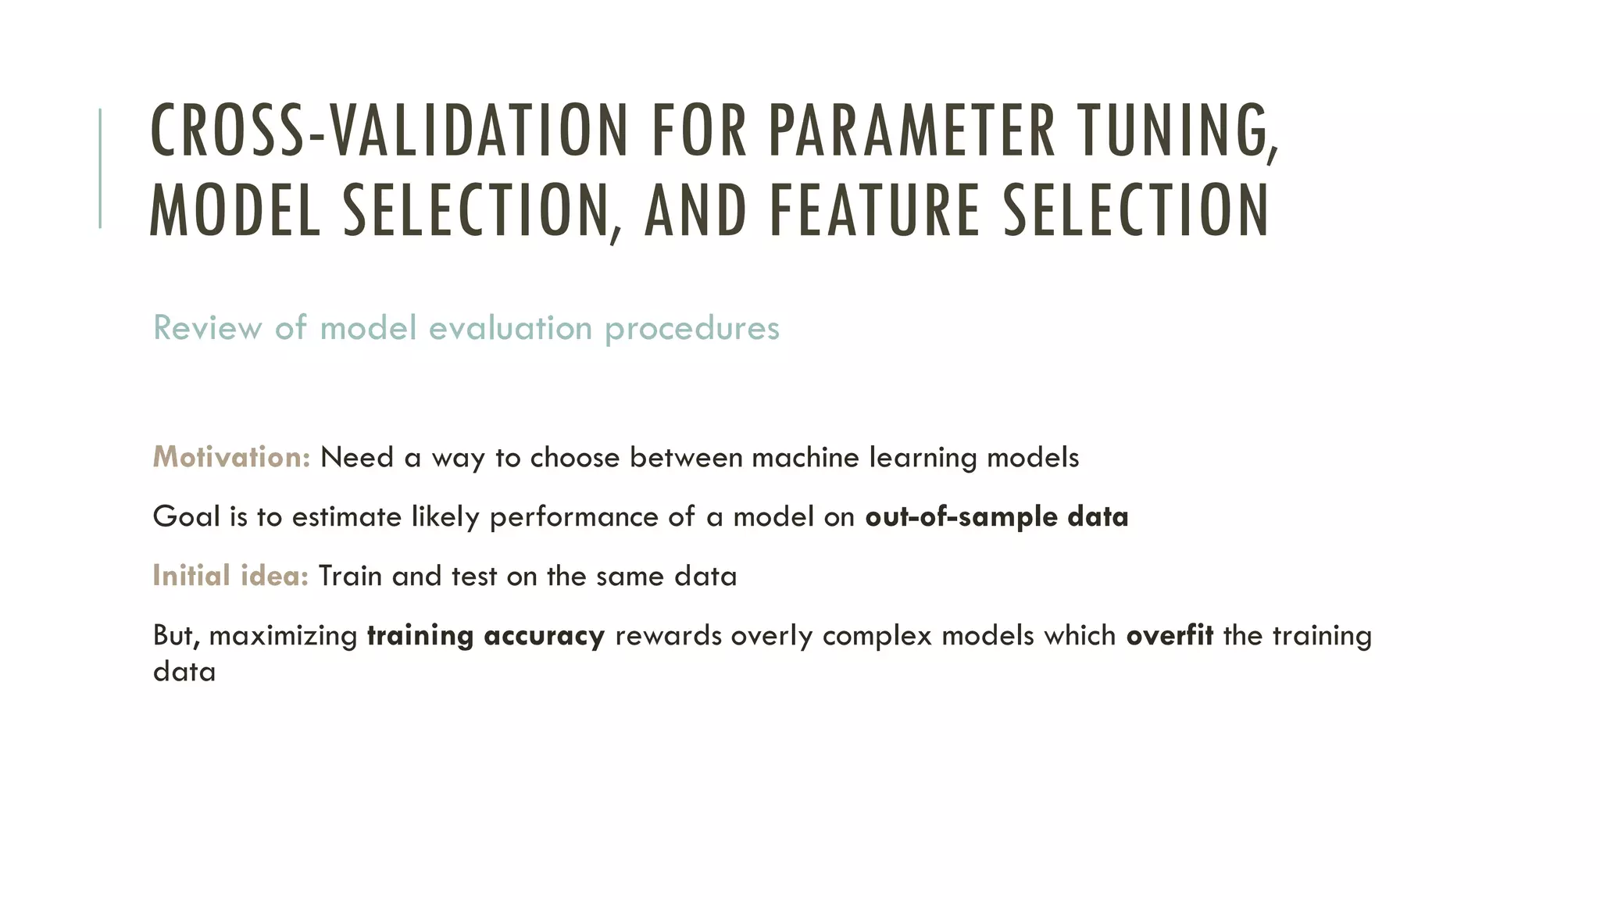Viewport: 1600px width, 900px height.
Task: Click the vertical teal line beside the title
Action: click(100, 168)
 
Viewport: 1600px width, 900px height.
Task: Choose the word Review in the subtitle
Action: click(207, 328)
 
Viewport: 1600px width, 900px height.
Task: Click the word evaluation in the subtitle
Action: click(510, 328)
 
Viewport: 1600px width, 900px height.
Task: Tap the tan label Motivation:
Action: click(231, 457)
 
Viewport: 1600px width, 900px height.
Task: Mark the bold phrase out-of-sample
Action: click(961, 517)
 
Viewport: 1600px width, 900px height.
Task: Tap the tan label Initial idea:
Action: click(230, 576)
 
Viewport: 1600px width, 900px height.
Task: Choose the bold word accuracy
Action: click(544, 636)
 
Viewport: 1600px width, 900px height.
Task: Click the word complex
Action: click(877, 636)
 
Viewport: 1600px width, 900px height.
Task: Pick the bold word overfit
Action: click(1169, 635)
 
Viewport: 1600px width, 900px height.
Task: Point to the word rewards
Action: click(668, 636)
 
